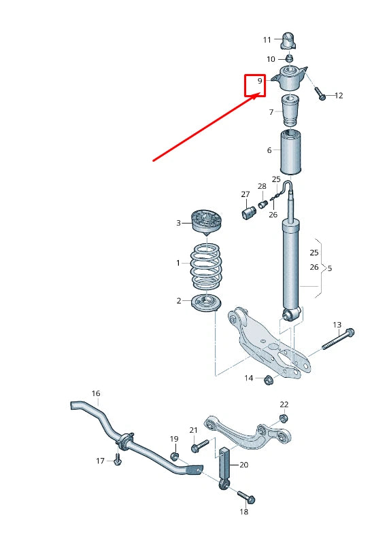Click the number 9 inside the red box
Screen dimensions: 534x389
coord(260,82)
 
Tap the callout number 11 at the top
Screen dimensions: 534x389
coord(267,39)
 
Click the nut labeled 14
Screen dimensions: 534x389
coord(268,378)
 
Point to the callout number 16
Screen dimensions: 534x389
coord(96,393)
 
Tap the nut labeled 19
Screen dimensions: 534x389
coord(173,455)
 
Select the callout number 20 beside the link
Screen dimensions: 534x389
coord(244,465)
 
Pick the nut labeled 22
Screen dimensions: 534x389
coord(284,419)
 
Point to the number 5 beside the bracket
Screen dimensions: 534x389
coord(330,268)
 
